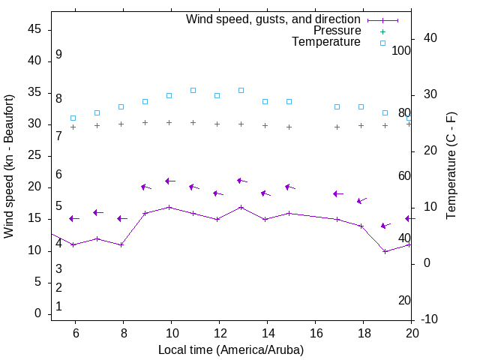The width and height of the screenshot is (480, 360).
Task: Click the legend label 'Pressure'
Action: [337, 31]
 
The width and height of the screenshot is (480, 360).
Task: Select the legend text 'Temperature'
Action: [326, 42]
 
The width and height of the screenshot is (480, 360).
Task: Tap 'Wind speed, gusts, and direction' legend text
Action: [274, 19]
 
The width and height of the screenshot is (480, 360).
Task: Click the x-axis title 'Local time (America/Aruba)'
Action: [231, 349]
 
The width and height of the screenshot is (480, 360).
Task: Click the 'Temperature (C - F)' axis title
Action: [451, 166]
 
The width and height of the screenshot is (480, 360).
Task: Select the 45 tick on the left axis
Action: [34, 29]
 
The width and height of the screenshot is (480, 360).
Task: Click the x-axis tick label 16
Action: [315, 333]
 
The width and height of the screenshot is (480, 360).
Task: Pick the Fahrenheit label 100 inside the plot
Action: [401, 50]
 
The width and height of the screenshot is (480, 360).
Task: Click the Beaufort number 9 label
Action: [58, 55]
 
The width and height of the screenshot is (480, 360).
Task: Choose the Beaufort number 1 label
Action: [58, 307]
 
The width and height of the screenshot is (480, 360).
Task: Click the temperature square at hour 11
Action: [193, 90]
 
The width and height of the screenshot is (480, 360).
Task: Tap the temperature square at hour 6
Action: [73, 118]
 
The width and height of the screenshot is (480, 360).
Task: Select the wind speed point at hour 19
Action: [385, 251]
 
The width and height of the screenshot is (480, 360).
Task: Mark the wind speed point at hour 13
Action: [241, 207]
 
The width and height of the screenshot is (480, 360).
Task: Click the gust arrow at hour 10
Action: [169, 181]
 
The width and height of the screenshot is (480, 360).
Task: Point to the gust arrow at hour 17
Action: [337, 193]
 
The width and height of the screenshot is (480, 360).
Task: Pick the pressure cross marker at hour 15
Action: [289, 127]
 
